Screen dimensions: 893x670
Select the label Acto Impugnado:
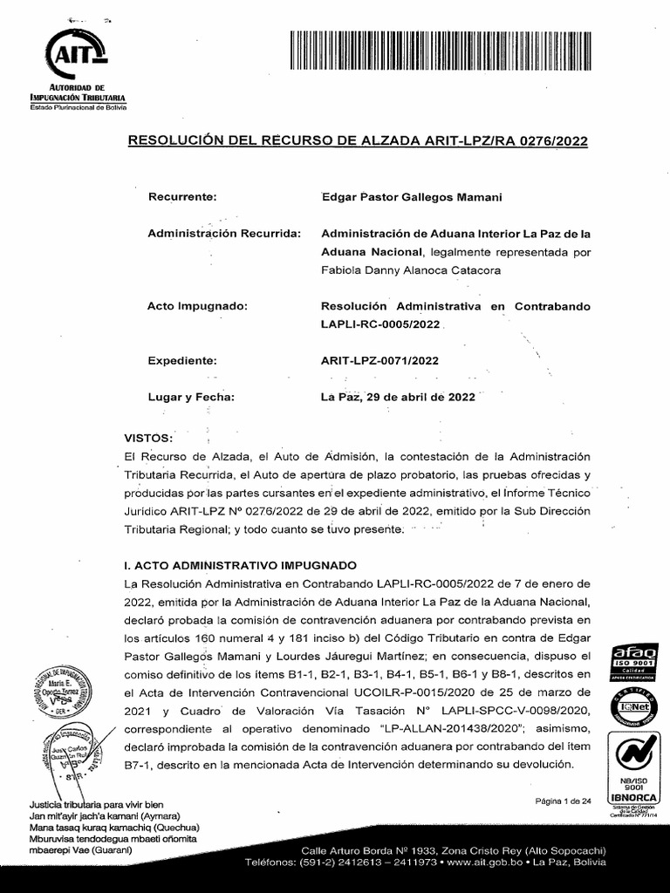pyautogui.click(x=198, y=307)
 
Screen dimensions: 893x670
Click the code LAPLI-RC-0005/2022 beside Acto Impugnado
pyautogui.click(x=383, y=325)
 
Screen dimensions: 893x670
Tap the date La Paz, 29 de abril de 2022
pyautogui.click(x=399, y=397)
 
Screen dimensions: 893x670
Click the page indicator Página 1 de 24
pyautogui.click(x=563, y=801)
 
